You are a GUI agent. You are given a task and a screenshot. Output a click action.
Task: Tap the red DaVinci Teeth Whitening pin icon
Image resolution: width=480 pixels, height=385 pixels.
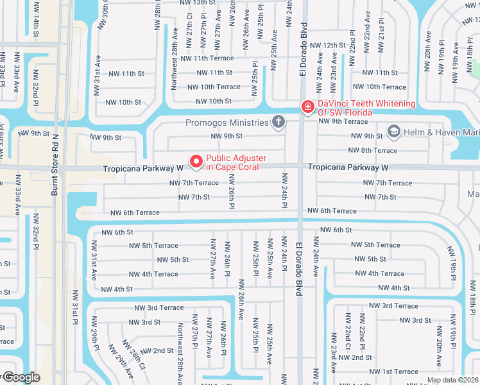pyautogui.click(x=308, y=107)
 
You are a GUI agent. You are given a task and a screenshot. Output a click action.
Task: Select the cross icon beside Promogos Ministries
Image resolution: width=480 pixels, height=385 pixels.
pyautogui.click(x=279, y=121)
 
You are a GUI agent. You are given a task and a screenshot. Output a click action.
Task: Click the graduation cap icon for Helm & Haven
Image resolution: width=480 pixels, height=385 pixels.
pyautogui.click(x=393, y=133)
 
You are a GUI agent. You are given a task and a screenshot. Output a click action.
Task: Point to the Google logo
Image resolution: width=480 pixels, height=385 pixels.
pyautogui.click(x=21, y=377)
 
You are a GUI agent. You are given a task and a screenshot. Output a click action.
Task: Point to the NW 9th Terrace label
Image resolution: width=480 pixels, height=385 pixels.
pyautogui.click(x=343, y=121)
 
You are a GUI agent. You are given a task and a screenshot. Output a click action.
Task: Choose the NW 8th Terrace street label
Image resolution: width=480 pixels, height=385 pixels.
pyautogui.click(x=372, y=150)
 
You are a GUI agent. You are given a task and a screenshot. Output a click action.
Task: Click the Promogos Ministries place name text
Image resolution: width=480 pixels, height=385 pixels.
pyautogui.click(x=227, y=123)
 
